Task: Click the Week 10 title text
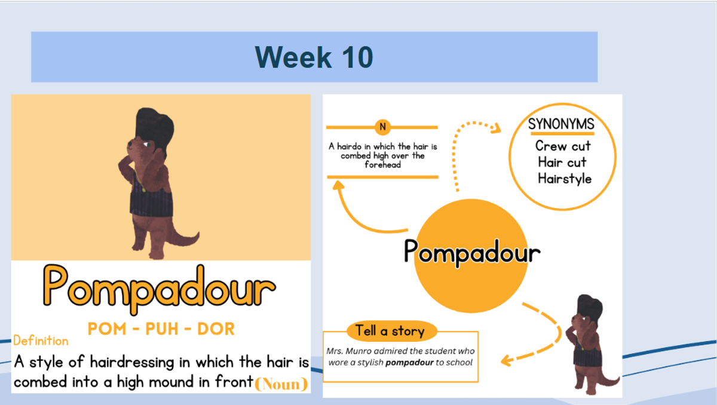point(314,57)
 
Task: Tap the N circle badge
point(382,127)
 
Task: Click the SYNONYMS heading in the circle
point(561,124)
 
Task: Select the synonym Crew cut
point(563,146)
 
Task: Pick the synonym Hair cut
point(562,162)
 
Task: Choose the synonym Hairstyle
point(565,179)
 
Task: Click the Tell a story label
point(390,331)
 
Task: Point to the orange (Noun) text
point(281,384)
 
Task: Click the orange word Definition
point(41,341)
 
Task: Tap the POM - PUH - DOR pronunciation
point(161,329)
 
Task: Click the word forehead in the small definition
point(383,165)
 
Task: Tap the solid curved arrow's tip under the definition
point(338,182)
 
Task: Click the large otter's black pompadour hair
point(154,128)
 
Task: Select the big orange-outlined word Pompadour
point(159,289)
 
